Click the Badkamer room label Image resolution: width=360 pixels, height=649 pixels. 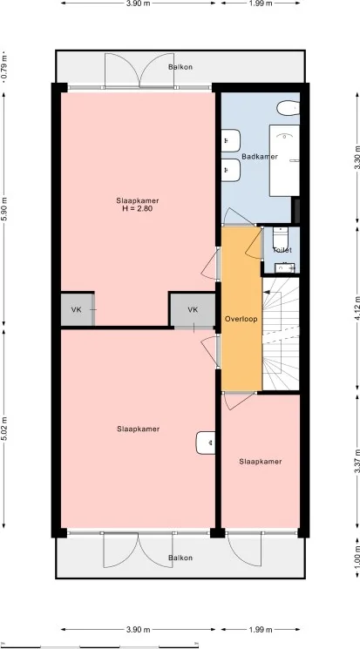click(260, 157)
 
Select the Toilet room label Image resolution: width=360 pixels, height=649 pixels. click(282, 250)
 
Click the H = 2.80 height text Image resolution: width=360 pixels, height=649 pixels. click(138, 209)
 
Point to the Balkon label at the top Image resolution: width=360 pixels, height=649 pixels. click(180, 67)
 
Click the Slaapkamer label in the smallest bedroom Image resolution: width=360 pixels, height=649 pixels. click(261, 462)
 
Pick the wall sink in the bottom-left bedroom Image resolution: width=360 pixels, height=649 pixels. click(206, 443)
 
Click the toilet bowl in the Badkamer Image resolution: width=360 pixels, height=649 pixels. click(284, 109)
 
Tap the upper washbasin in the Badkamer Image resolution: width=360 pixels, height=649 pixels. click(232, 139)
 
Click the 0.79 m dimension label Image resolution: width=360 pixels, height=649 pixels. click(4, 67)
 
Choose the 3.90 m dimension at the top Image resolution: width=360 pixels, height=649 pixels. click(137, 4)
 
